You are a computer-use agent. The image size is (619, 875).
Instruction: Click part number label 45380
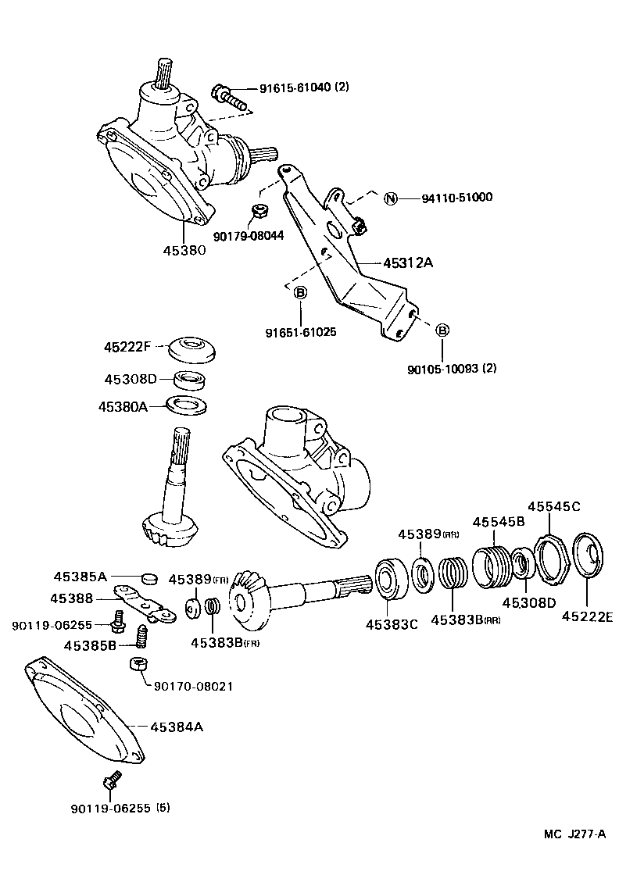(x=184, y=251)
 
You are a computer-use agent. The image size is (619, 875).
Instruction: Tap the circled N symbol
(x=392, y=198)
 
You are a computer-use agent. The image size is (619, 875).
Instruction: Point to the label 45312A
(x=407, y=263)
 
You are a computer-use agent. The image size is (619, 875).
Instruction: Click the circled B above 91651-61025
(x=300, y=292)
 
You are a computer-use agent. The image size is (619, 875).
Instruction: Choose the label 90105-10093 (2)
(x=451, y=368)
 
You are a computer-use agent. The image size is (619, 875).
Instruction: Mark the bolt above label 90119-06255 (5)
(x=111, y=779)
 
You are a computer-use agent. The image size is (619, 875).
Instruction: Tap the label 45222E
(x=587, y=616)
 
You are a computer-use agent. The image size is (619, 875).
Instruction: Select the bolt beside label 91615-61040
(x=227, y=98)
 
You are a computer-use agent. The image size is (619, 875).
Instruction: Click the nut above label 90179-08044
(x=262, y=211)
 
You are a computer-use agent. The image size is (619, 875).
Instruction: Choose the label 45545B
(x=497, y=522)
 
